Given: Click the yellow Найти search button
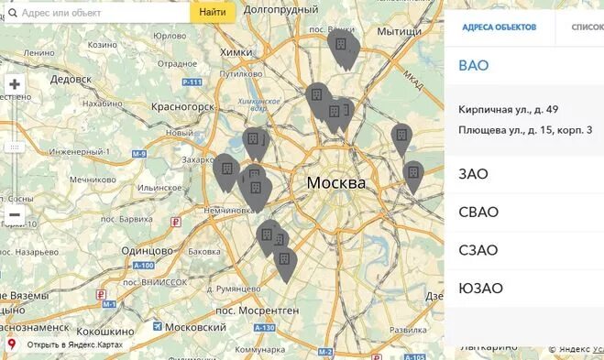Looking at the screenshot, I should point(213,13).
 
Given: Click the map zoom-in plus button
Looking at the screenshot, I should point(15,84).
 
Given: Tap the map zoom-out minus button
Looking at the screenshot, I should point(15,215).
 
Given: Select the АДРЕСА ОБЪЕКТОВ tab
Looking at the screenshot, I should point(499,27).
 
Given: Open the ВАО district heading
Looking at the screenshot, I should point(474,66).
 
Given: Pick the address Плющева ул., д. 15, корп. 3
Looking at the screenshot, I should point(525,130).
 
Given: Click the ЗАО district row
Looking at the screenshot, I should point(473,174).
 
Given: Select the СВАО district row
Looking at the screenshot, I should point(478,213).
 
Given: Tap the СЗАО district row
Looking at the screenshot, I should point(478,250).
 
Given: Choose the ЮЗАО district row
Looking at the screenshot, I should point(480,289).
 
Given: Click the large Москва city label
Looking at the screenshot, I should point(335,183).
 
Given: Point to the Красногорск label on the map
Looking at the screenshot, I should point(183,107).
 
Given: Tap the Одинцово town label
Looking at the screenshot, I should point(147,250).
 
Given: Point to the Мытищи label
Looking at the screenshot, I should point(397,31).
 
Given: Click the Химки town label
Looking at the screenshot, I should point(236,52).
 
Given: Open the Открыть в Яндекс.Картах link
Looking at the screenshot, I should point(73,345).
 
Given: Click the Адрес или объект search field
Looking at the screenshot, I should point(101,13).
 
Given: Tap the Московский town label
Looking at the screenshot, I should point(195,327).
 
